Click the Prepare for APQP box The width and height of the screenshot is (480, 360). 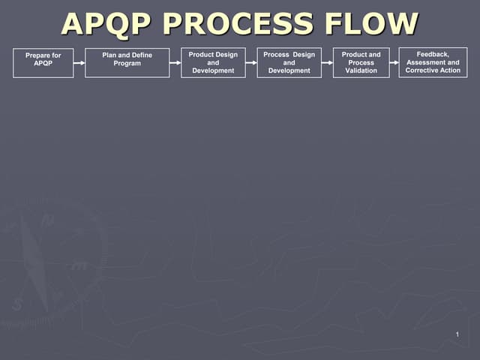click(43, 62)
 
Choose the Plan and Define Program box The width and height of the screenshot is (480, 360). click(127, 62)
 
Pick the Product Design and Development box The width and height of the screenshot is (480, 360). click(213, 62)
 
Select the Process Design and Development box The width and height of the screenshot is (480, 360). click(289, 62)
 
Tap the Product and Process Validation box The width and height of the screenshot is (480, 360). click(361, 62)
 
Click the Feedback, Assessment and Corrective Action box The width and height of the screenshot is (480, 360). click(433, 62)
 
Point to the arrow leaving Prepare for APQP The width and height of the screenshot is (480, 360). click(79, 63)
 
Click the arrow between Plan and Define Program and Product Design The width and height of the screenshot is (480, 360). click(175, 63)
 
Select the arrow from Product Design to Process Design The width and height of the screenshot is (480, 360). click(251, 63)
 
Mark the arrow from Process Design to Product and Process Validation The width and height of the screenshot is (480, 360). click(327, 63)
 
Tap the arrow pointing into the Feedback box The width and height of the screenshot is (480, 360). click(394, 63)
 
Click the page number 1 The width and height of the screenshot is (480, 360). click(457, 334)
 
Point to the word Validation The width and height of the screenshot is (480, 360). click(361, 70)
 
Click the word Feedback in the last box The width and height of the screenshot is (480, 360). click(433, 54)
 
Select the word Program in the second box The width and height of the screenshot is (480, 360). click(127, 64)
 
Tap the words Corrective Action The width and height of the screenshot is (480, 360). click(433, 70)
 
